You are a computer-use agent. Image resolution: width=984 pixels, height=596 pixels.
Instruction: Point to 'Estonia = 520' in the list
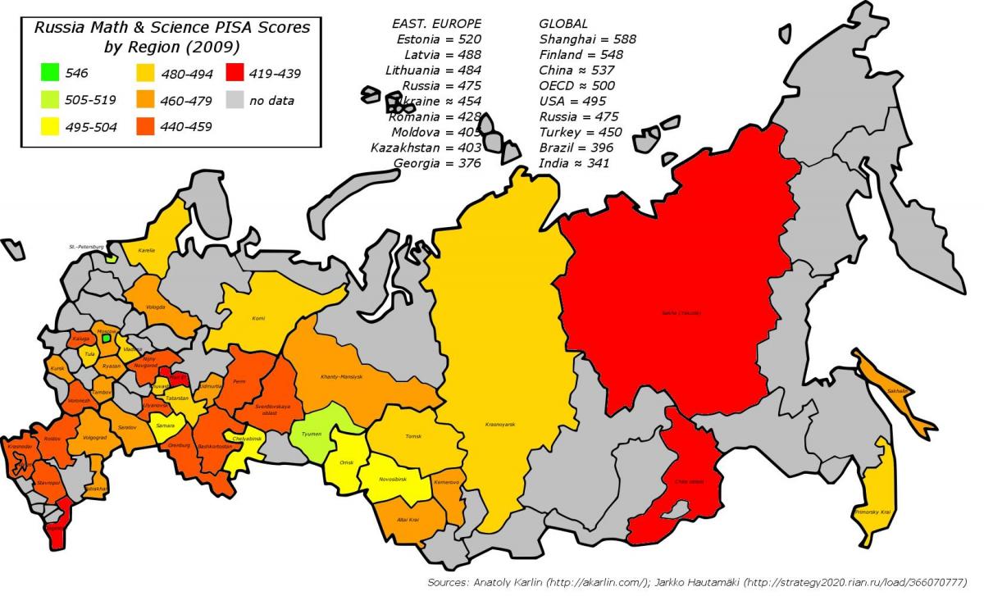[x=438, y=39]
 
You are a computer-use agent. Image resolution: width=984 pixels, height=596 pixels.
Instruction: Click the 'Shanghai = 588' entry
[x=587, y=39]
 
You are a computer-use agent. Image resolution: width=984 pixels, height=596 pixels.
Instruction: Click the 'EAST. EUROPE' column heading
[x=437, y=23]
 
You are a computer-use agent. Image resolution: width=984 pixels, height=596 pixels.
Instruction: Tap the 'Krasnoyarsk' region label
[x=499, y=425]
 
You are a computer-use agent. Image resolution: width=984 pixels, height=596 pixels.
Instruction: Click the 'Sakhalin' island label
[x=897, y=391]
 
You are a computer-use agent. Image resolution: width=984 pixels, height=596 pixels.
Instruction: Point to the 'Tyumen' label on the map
[x=312, y=434]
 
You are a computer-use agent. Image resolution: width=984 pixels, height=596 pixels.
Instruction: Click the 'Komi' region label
[x=258, y=318]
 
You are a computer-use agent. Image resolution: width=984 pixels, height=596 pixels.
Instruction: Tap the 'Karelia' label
[x=147, y=250]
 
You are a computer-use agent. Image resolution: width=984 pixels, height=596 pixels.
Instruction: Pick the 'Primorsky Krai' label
[x=869, y=512]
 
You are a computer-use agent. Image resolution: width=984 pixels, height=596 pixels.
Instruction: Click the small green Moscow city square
[x=106, y=337]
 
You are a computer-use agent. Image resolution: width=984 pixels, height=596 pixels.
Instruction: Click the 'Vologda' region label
[x=157, y=307]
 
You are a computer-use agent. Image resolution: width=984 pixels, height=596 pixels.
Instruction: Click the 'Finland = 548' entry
[x=581, y=54]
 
